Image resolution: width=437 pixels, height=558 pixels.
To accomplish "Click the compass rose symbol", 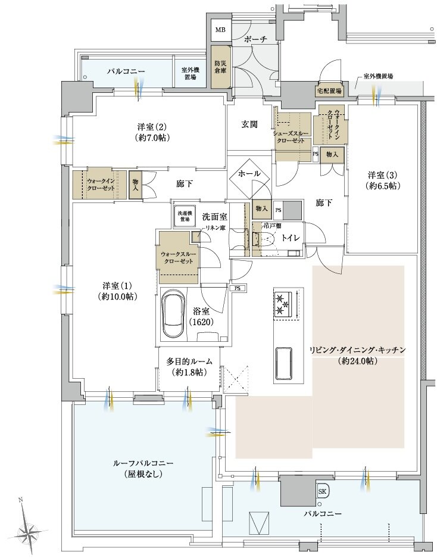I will pyautogui.click(x=27, y=526).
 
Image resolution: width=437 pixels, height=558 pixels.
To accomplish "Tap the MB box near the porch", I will pyautogui.click(x=220, y=30).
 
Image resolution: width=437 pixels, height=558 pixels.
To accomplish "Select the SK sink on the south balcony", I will pyautogui.click(x=322, y=491).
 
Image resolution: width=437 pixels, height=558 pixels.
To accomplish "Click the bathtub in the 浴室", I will pyautogui.click(x=174, y=313).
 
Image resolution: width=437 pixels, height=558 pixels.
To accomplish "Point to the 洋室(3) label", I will pyautogui.click(x=382, y=180).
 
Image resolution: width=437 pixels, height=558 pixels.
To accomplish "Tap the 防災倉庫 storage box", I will pyautogui.click(x=220, y=67).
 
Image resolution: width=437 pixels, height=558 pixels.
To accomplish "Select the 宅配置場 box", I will pyautogui.click(x=329, y=91).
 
